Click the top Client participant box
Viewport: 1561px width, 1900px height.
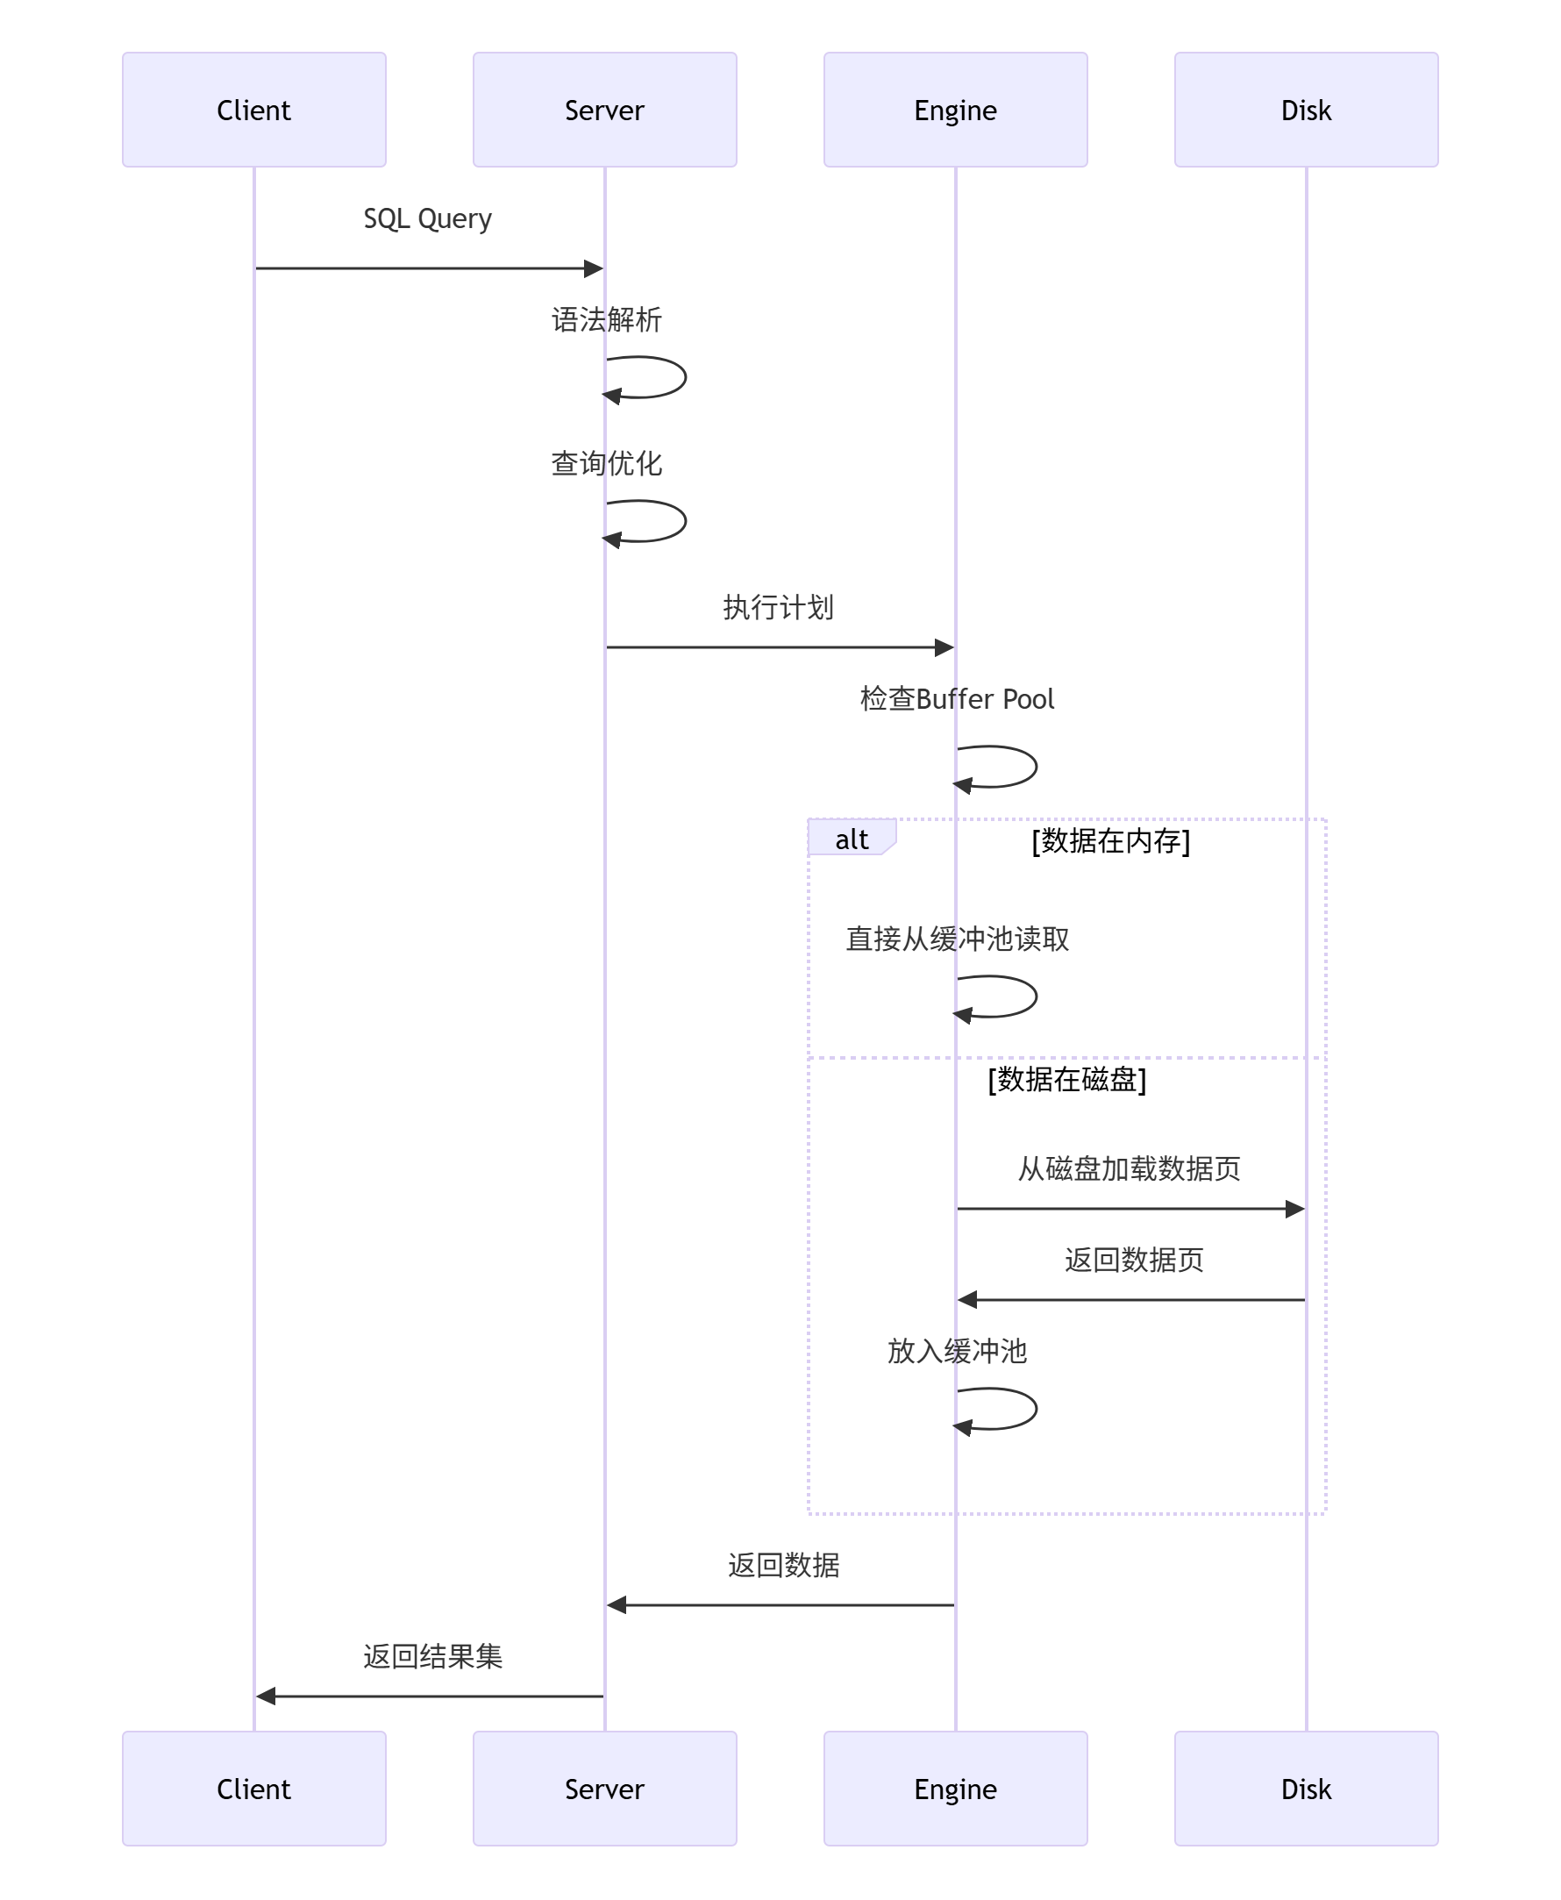(x=253, y=110)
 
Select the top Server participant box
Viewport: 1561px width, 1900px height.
(x=604, y=110)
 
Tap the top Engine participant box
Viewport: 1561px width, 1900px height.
(x=955, y=110)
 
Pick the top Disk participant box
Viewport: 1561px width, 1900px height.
(x=1306, y=110)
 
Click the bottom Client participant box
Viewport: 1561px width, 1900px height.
(x=253, y=1789)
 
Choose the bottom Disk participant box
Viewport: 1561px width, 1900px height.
(x=1306, y=1789)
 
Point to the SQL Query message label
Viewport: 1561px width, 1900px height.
(x=427, y=218)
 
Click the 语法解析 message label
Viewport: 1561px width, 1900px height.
(x=606, y=319)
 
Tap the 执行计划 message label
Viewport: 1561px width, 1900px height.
(x=778, y=607)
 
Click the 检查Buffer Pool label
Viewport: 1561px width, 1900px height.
(x=957, y=698)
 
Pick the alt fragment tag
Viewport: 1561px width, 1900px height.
(x=851, y=839)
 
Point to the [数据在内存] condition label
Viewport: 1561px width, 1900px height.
(x=1110, y=840)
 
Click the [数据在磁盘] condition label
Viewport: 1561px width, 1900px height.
(x=1066, y=1079)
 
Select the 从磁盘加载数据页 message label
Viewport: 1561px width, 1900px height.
(x=1129, y=1168)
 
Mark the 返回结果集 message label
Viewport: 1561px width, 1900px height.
(x=432, y=1656)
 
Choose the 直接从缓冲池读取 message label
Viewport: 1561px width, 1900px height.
(x=957, y=939)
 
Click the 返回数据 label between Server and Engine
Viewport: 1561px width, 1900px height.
(x=783, y=1566)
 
